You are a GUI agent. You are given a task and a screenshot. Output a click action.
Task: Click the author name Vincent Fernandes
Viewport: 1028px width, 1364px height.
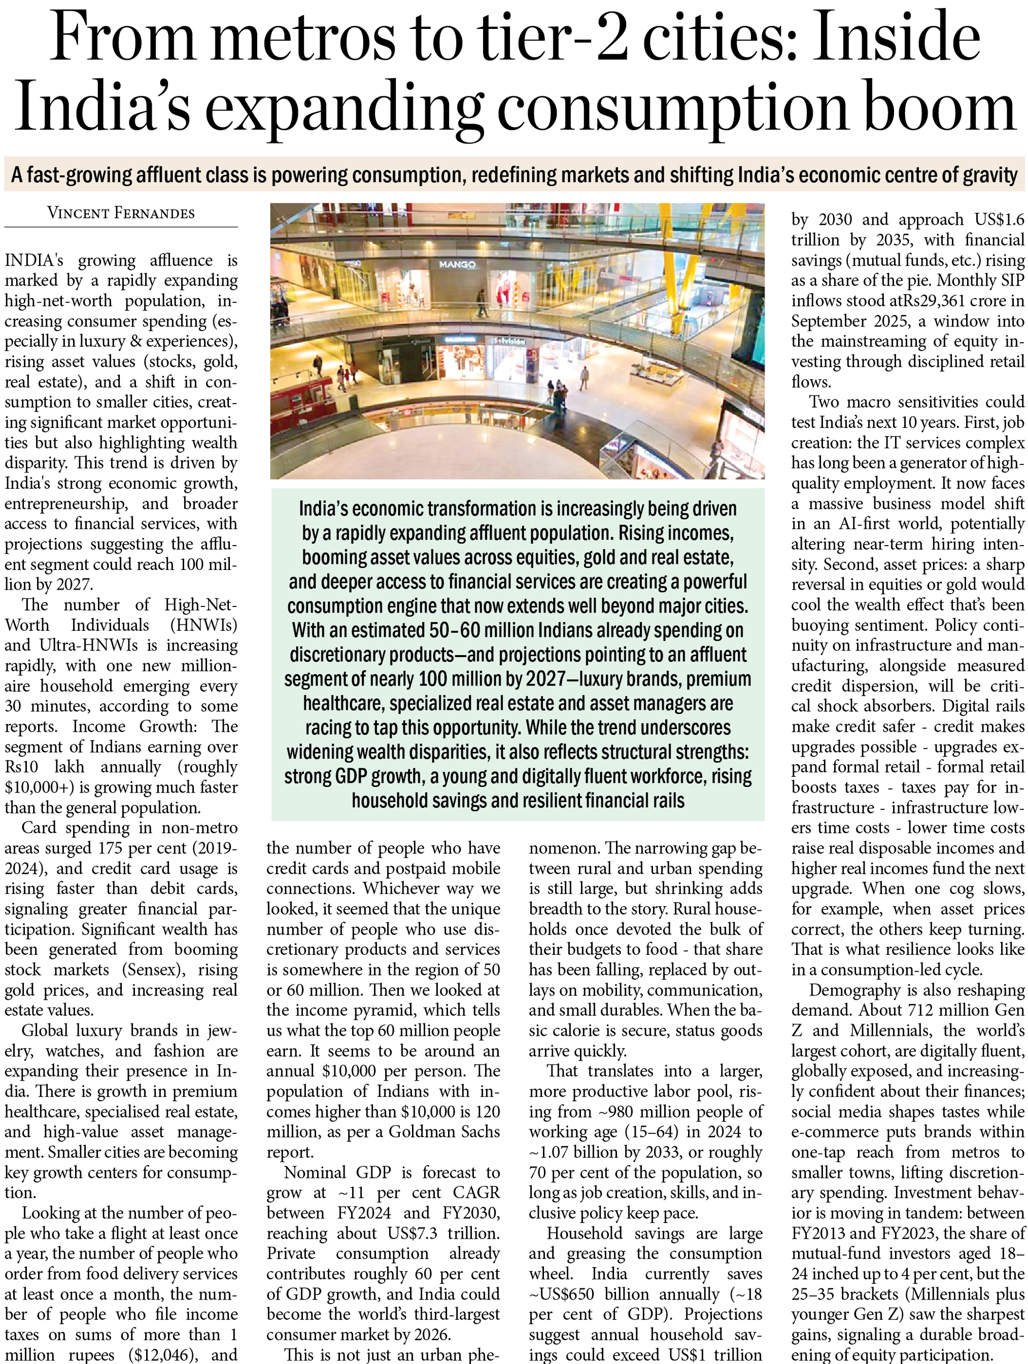coord(121,213)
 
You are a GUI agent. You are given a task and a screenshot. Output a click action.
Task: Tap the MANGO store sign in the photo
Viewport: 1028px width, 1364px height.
coord(457,264)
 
